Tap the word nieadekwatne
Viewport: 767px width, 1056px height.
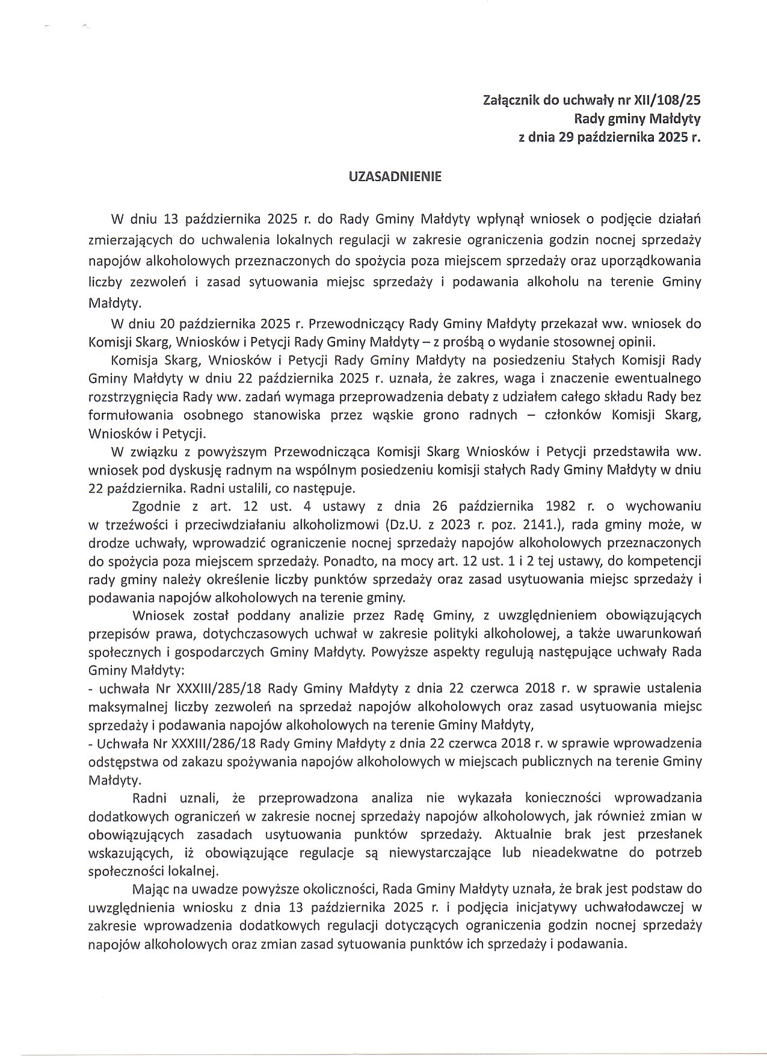(570, 853)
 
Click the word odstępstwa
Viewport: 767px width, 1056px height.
(121, 761)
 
